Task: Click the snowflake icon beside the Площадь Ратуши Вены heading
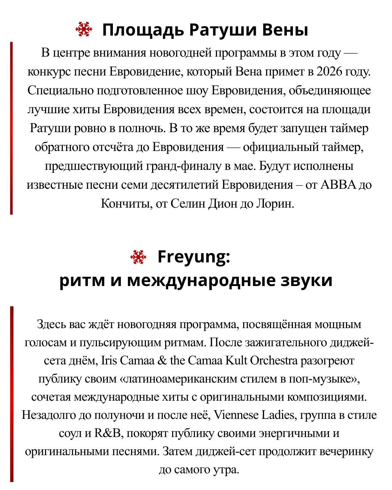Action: [x=84, y=29]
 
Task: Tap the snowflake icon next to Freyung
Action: [x=138, y=257]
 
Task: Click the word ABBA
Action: [x=338, y=185]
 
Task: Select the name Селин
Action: [x=188, y=204]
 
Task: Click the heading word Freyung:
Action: [x=194, y=257]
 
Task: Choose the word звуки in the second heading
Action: [x=307, y=280]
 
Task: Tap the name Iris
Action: [x=109, y=360]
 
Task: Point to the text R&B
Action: [x=107, y=433]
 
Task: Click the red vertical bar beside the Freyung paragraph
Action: [x=12, y=394]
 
